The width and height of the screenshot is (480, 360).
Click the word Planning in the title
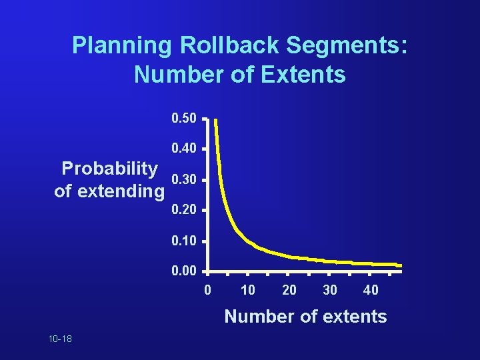[x=122, y=46]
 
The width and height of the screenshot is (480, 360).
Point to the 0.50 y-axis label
[x=184, y=119]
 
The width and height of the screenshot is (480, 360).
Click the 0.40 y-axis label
[x=184, y=149]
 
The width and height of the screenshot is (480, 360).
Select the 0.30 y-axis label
[x=184, y=180]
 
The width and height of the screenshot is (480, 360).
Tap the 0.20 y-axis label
[x=184, y=210]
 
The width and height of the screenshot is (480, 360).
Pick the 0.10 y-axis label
[x=184, y=241]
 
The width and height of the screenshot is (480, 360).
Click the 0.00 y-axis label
[x=184, y=272]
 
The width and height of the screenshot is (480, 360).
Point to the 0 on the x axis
[x=207, y=290]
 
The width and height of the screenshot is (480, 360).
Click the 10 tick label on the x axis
[x=248, y=290]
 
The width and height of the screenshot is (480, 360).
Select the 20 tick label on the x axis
[x=289, y=290]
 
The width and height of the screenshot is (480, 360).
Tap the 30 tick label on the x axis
[x=330, y=290]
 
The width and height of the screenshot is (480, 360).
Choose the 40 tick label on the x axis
[x=371, y=290]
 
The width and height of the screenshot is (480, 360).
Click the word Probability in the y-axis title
[x=110, y=168]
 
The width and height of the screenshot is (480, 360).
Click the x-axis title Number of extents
[x=305, y=316]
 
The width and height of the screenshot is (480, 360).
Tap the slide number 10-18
[x=60, y=339]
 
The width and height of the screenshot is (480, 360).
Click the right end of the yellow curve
[x=400, y=265]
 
